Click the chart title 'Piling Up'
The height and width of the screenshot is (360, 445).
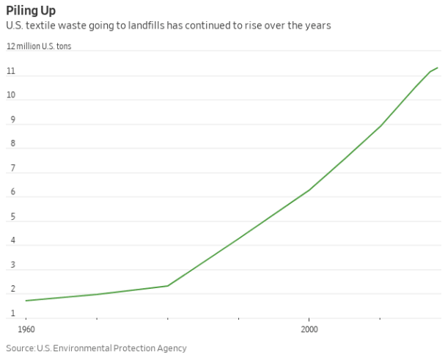click(31, 10)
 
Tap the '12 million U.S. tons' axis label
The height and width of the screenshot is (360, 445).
click(39, 46)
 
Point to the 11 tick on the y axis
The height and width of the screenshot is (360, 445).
click(11, 71)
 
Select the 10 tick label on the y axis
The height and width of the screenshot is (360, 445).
click(11, 96)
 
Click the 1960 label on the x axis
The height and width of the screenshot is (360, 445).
click(26, 330)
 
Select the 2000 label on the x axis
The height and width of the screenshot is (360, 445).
click(309, 330)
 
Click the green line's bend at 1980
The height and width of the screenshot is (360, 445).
click(168, 286)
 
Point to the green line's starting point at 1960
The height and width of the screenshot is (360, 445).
click(26, 301)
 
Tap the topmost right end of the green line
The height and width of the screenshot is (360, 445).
click(438, 67)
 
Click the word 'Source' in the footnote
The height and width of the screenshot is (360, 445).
click(20, 348)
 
